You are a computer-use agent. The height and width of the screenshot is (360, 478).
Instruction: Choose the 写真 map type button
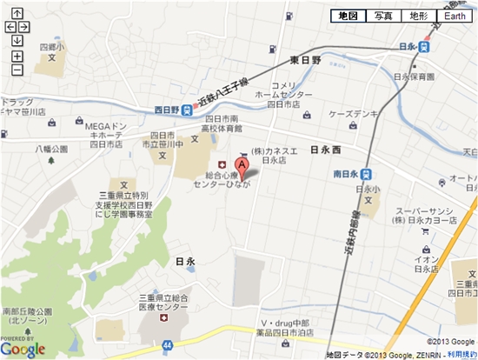(x=383, y=17)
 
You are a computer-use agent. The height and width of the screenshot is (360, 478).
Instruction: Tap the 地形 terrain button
(x=418, y=17)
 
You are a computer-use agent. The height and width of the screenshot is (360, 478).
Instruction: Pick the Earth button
(x=455, y=17)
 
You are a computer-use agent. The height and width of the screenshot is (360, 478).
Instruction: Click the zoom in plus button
(x=17, y=54)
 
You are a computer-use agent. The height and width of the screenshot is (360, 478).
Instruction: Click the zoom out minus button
(x=17, y=69)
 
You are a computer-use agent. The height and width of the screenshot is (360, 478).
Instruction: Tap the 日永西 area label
(x=326, y=150)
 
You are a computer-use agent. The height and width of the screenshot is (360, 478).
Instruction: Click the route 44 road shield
(x=165, y=323)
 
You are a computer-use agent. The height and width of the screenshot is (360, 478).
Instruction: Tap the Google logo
(x=23, y=348)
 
